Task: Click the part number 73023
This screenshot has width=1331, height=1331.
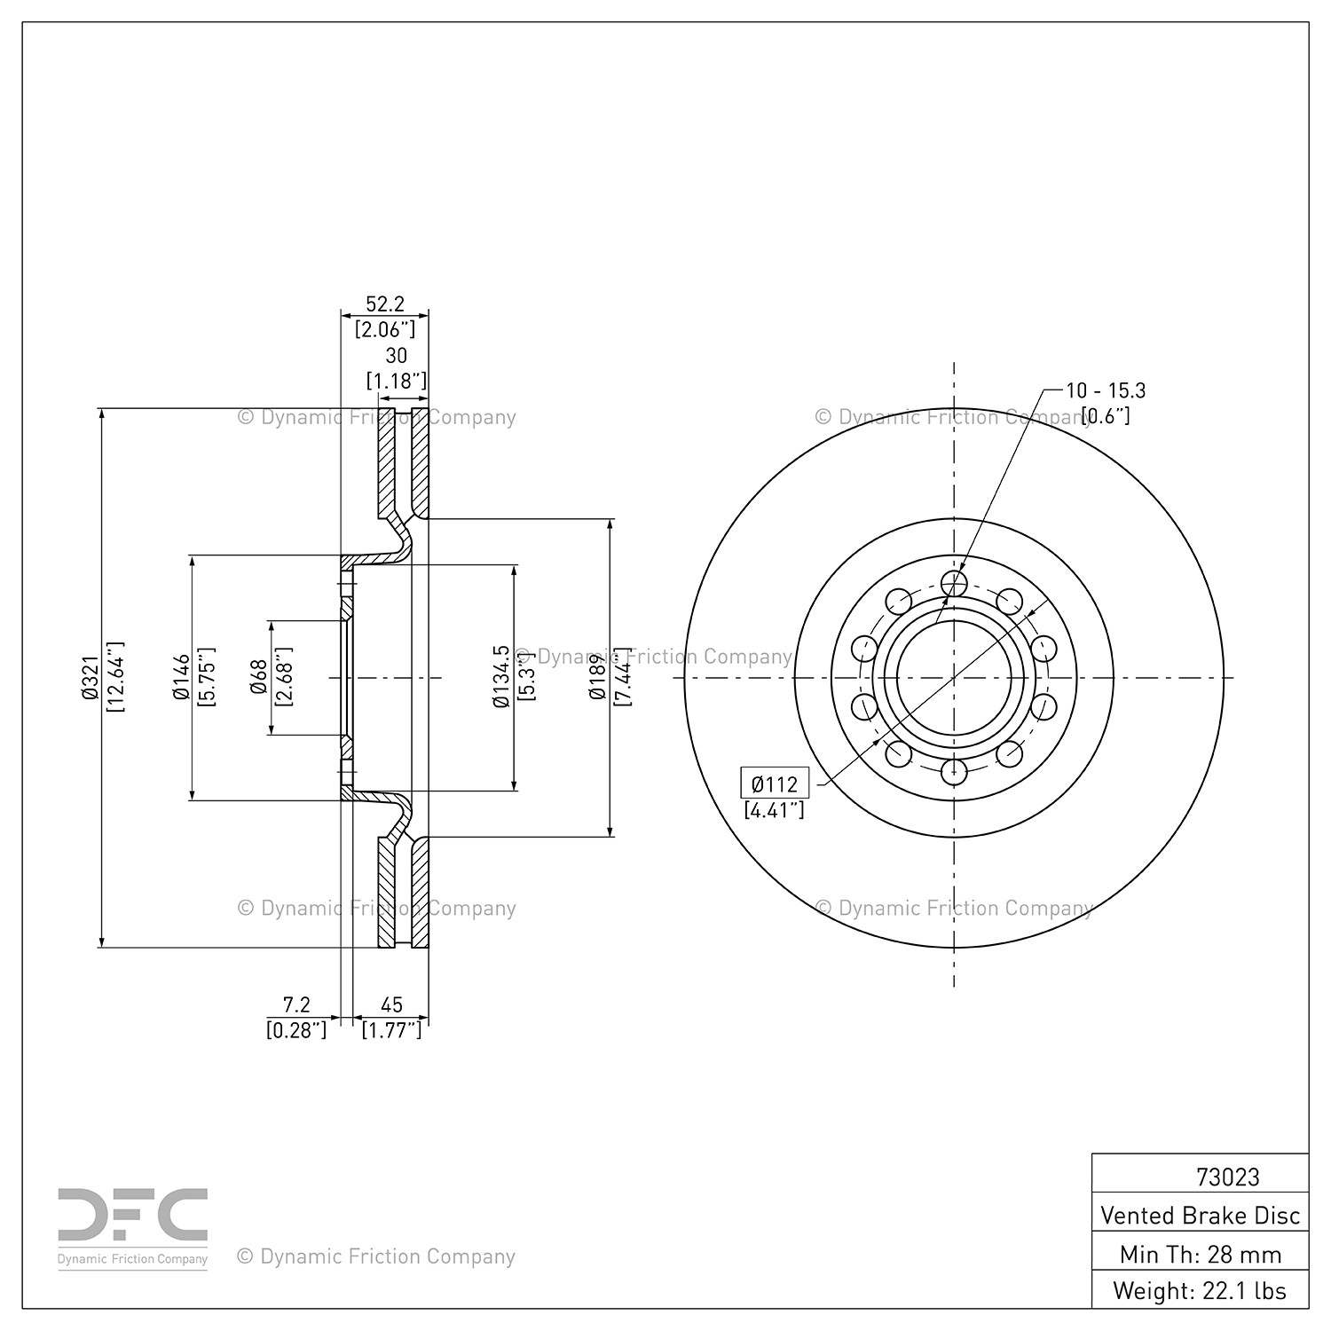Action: pos(1227,1177)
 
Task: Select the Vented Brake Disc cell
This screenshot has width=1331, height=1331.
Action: pos(1200,1215)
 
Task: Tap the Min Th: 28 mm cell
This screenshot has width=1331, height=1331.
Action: pos(1200,1254)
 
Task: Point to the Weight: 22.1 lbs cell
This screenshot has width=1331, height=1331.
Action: pos(1200,1290)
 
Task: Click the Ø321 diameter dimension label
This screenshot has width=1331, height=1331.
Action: pos(90,679)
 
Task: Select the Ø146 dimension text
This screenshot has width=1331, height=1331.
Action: pos(181,678)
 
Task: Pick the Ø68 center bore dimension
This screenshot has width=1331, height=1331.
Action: pos(259,678)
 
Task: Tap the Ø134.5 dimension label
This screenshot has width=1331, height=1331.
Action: pos(501,677)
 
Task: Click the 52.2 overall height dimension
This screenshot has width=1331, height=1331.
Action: pos(385,303)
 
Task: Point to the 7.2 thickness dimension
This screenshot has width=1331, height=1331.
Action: pos(296,1004)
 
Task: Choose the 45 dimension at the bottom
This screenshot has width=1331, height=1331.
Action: pos(391,1004)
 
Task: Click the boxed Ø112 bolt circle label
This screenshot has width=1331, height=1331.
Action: pos(775,784)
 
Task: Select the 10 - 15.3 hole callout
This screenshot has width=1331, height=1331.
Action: pos(1106,390)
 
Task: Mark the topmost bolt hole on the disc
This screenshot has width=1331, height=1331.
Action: pos(954,583)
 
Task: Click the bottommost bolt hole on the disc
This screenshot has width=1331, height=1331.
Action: pos(954,772)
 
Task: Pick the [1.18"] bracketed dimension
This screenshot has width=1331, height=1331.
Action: pos(397,382)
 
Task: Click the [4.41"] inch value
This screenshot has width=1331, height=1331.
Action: pos(775,809)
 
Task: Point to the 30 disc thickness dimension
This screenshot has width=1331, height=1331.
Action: pos(397,355)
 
